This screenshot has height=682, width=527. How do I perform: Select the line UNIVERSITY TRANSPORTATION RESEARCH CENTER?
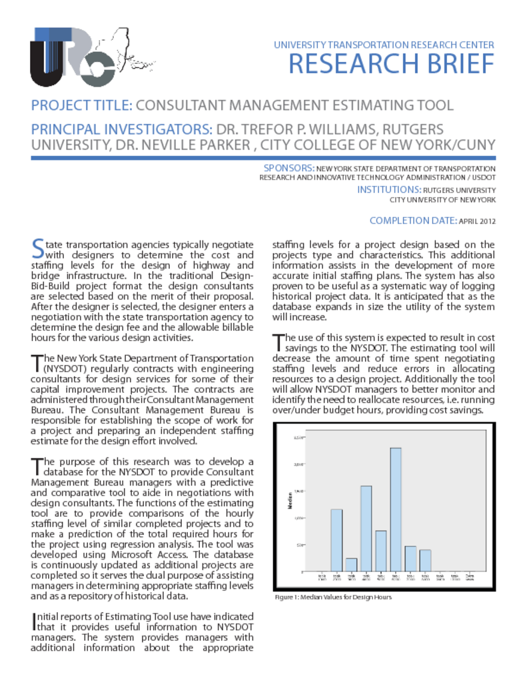pos(384,45)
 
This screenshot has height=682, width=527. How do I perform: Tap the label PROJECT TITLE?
pos(83,105)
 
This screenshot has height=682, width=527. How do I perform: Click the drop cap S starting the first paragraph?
pos(38,248)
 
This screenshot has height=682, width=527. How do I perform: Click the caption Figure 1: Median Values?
pos(333,597)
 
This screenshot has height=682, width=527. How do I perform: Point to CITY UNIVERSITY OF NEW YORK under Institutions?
pos(442,199)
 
